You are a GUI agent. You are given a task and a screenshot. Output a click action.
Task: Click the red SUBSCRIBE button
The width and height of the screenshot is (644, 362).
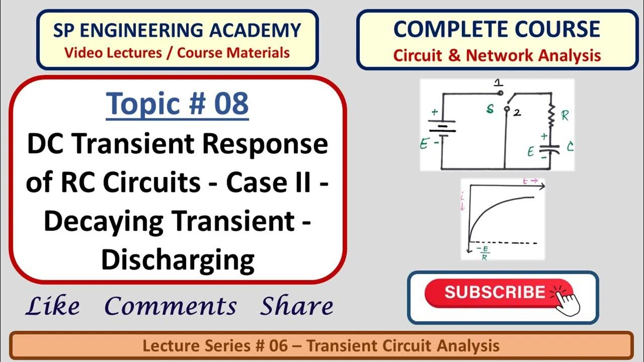pos(496,293)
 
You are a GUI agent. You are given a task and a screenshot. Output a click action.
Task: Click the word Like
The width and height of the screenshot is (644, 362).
pos(52,306)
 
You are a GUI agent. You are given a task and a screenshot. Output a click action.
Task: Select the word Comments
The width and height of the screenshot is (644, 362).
pos(171,306)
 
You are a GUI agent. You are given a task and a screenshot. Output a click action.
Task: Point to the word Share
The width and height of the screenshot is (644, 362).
pos(296,306)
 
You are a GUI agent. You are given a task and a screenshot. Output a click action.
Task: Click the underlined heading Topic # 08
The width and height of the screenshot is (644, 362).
pos(177,104)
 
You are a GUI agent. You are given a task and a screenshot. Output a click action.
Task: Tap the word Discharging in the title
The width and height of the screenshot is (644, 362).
pos(177,260)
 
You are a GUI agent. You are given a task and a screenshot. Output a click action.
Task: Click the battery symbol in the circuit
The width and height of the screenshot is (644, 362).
pos(442,126)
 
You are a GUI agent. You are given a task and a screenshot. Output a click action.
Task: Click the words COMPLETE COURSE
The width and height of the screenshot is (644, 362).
pos(496,30)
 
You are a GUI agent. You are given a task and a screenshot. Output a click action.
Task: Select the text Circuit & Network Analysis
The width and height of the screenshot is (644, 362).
pos(497,55)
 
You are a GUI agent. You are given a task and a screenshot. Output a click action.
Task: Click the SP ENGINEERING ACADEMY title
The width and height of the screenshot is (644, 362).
pos(177,31)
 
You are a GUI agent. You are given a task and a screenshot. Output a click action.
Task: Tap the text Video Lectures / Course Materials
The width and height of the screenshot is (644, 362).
pos(177,52)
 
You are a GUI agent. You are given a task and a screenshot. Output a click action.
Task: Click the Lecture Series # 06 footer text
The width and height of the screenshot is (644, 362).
pos(321,346)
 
